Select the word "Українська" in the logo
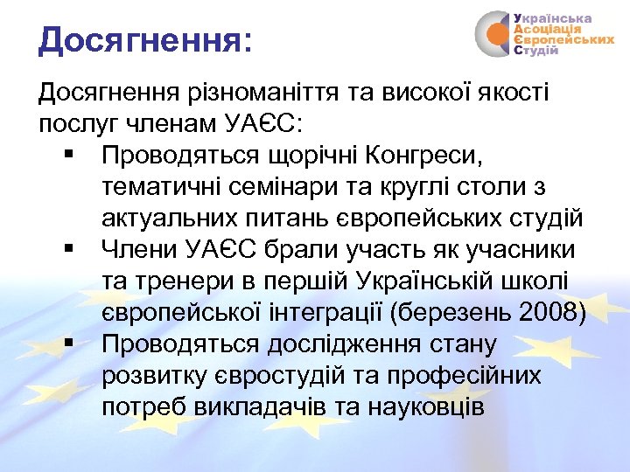pyautogui.click(x=552, y=17)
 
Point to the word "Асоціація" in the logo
pyautogui.click(x=547, y=29)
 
